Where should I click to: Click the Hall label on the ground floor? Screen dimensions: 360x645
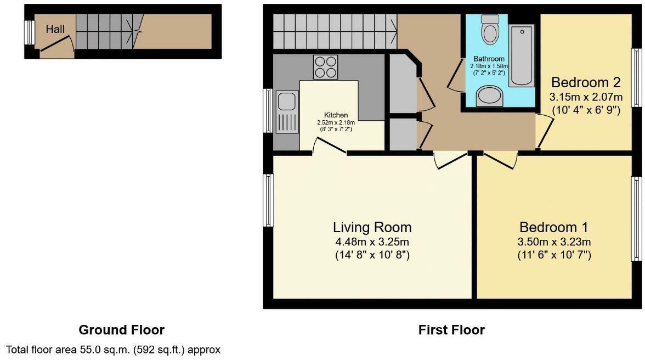[x=55, y=29]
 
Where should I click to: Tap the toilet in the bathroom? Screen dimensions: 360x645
[x=489, y=29]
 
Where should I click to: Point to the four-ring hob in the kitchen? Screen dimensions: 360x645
[x=325, y=67]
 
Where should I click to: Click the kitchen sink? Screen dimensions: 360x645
[x=286, y=102]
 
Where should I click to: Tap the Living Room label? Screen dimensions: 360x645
[x=372, y=227]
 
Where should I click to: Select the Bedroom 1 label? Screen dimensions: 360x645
[x=554, y=227]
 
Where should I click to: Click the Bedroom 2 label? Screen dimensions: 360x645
[x=586, y=83]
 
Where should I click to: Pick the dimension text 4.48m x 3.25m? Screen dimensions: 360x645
[x=372, y=241]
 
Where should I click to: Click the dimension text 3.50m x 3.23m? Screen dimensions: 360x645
[x=554, y=241]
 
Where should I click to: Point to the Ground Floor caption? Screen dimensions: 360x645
[x=121, y=330]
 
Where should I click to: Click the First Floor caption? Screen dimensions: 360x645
[x=451, y=330]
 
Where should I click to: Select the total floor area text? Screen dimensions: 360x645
[x=113, y=349]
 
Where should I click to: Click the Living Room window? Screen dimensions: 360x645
[x=268, y=200]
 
